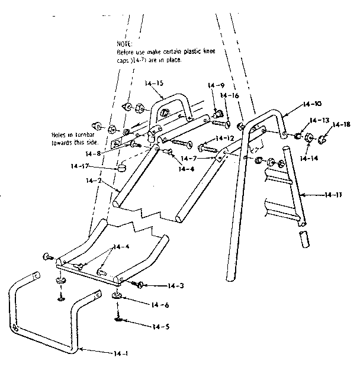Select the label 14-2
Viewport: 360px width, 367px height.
click(92, 180)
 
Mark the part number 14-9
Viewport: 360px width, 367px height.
click(217, 85)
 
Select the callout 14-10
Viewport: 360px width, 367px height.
click(310, 104)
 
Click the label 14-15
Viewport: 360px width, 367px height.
click(156, 83)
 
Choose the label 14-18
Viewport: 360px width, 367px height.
click(342, 124)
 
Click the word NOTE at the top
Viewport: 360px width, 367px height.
click(125, 44)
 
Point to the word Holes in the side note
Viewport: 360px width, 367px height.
click(60, 134)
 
